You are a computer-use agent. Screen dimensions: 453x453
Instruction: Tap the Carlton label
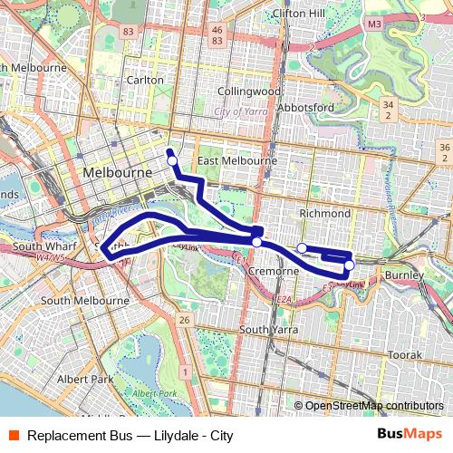click(x=145, y=80)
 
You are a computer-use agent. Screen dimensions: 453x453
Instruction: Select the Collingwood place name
click(x=249, y=92)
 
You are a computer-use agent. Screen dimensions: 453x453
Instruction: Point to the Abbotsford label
click(x=306, y=108)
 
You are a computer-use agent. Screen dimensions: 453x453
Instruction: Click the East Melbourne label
click(x=237, y=160)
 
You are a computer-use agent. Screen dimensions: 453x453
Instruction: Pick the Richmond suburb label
click(x=324, y=213)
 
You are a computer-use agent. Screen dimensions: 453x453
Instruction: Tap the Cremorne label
click(x=274, y=271)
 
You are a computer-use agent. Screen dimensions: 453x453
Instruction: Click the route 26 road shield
click(x=184, y=320)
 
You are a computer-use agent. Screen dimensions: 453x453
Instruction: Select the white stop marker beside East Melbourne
click(x=172, y=160)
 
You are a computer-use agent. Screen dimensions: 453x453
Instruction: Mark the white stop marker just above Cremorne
click(x=257, y=242)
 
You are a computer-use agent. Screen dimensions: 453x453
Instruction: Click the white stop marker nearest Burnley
click(x=349, y=265)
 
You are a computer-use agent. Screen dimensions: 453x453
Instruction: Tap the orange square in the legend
click(x=13, y=436)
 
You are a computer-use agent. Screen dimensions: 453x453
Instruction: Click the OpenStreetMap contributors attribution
click(x=373, y=406)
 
